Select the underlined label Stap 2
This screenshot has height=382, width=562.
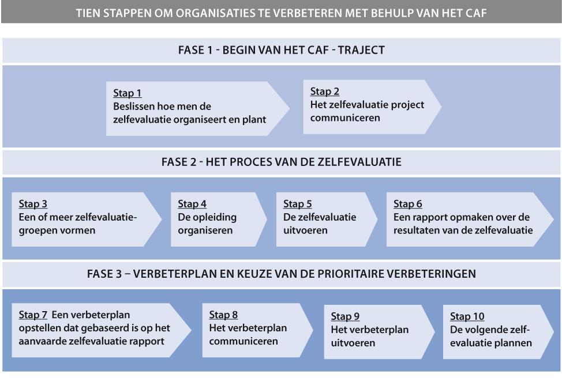pyautogui.click(x=324, y=92)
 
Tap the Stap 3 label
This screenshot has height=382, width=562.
pyautogui.click(x=33, y=204)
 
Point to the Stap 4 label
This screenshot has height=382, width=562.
pyautogui.click(x=192, y=204)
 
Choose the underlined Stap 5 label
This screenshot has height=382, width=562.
pyautogui.click(x=298, y=204)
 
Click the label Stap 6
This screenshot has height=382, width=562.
pyautogui.click(x=407, y=204)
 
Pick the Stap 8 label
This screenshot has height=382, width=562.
pyautogui.click(x=223, y=315)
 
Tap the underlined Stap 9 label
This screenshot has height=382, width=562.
pyautogui.click(x=345, y=317)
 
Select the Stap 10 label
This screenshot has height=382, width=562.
pyautogui.click(x=467, y=317)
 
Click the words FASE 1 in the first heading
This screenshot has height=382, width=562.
pyautogui.click(x=195, y=50)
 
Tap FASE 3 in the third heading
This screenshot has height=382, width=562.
pyautogui.click(x=104, y=274)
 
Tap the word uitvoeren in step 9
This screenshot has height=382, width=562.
pyautogui.click(x=353, y=343)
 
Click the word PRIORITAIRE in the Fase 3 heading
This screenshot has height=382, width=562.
pyautogui.click(x=367, y=274)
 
